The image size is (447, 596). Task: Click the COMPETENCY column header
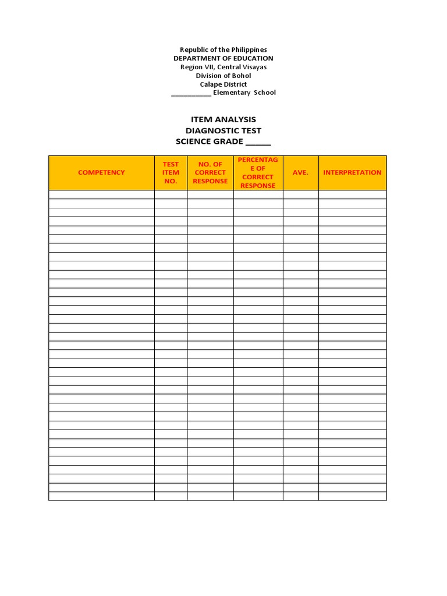pos(101,172)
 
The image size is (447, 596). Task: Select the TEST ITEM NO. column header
pos(171,172)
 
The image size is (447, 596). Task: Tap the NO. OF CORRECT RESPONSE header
pos(210,172)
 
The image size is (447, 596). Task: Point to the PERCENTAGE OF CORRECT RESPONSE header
pos(258,172)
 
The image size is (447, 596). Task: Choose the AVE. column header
pos(300,172)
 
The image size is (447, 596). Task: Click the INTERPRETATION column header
pos(352,172)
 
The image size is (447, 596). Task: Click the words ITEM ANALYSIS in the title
pos(223,119)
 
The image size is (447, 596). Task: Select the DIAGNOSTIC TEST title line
pos(223,130)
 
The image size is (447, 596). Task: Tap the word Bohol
pos(242,76)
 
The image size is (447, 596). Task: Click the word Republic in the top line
pos(193,50)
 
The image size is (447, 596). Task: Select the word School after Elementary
pos(264,93)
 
